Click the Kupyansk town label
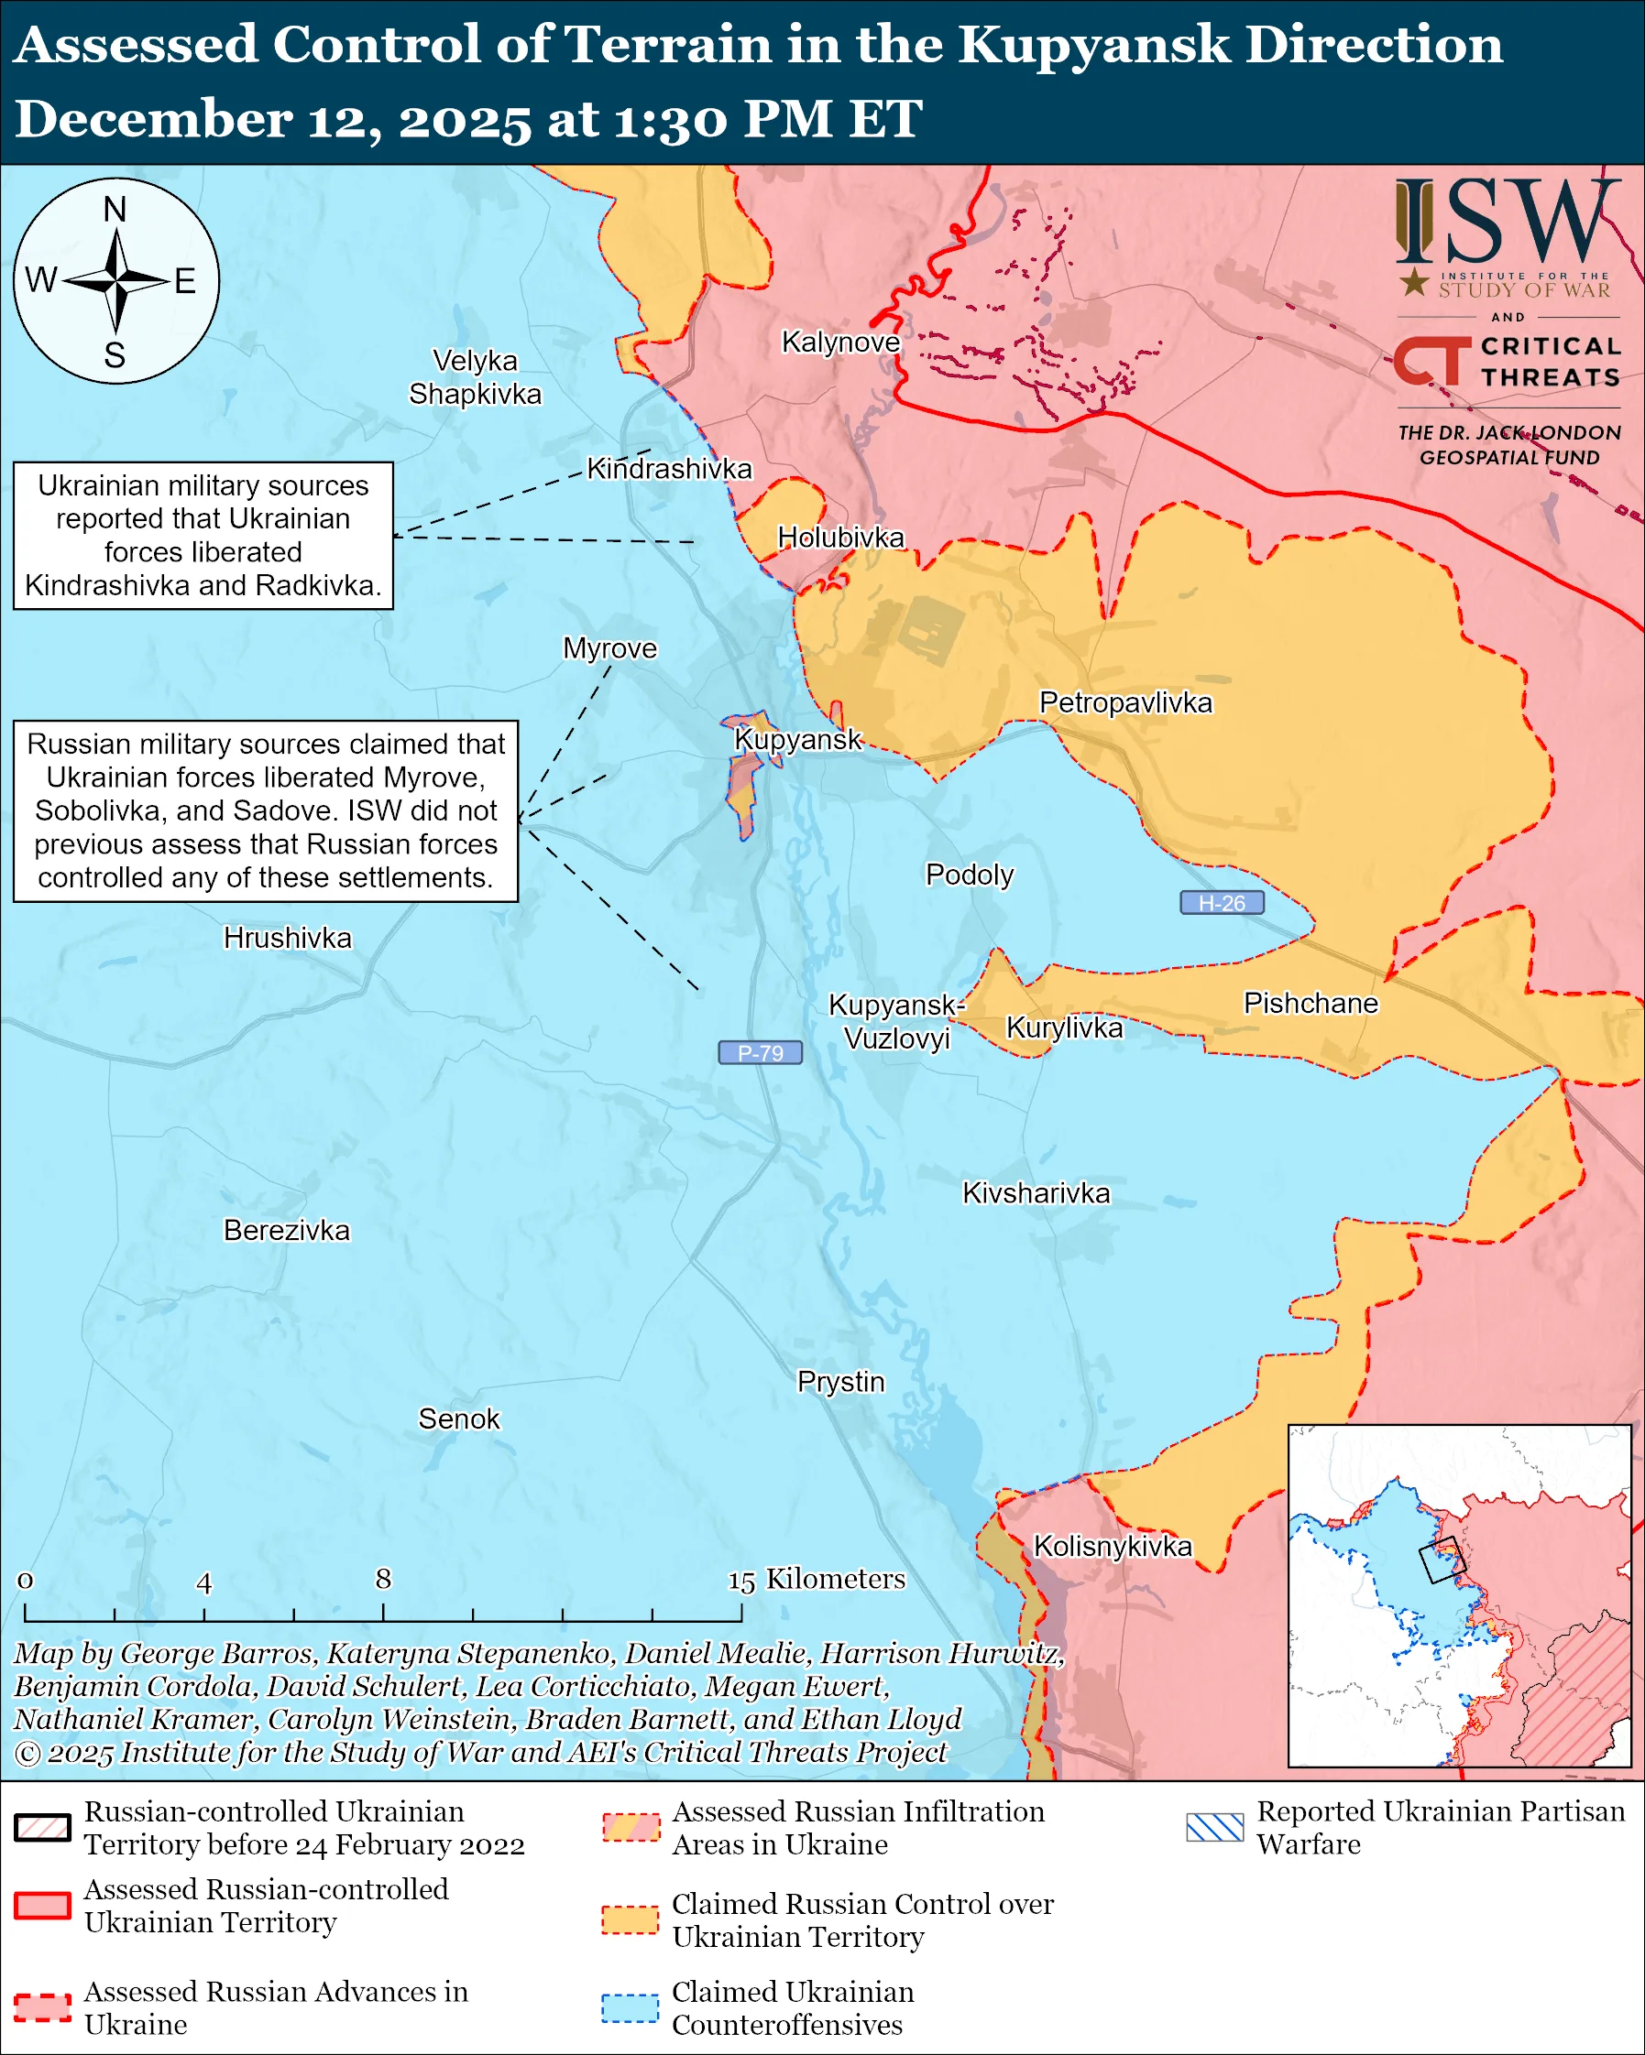point(797,740)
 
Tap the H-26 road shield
point(1222,903)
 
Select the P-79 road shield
point(760,1052)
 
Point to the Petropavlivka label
point(1125,702)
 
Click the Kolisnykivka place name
point(1113,1546)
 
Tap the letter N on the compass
point(115,209)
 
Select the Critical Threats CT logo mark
point(1431,361)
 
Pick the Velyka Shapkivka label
point(475,377)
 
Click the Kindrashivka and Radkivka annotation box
point(203,536)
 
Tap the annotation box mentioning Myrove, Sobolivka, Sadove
point(266,810)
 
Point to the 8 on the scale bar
point(383,1579)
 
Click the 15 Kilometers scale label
point(817,1580)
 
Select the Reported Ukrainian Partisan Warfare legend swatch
point(1215,1827)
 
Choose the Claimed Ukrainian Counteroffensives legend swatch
point(630,2008)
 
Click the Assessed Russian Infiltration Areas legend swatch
point(630,1827)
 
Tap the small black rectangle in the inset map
point(1441,1560)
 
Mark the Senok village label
point(459,1419)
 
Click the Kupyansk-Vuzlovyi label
point(896,1021)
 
